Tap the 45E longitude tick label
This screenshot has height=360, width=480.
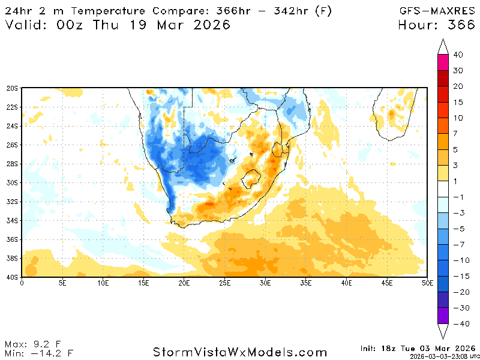(387, 281)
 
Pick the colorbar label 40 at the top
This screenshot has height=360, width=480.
(458, 55)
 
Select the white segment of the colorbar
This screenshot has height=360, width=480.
(443, 189)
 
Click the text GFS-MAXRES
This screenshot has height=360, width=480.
(437, 11)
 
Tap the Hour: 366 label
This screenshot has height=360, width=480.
(437, 25)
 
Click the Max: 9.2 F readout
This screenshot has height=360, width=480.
(32, 344)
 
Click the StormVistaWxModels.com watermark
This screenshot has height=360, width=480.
(240, 352)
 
